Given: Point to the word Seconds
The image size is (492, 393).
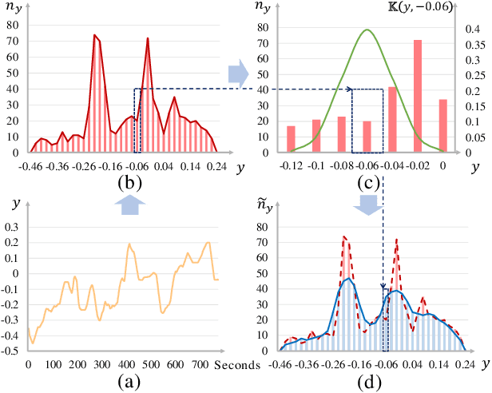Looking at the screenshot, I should tap(238, 365).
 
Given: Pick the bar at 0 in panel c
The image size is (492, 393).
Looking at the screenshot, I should tap(442, 125).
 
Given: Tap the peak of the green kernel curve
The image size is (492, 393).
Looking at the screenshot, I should tap(367, 30).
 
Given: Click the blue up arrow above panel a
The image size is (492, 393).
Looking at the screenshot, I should tap(130, 205).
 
